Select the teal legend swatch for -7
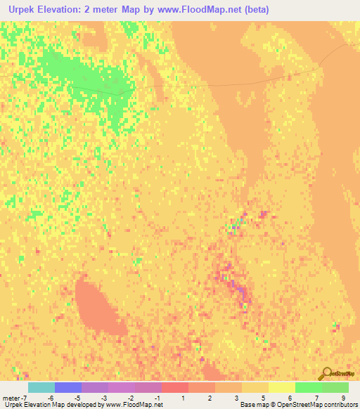coord(41,387)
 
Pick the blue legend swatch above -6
coord(67,387)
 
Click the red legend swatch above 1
coord(174,387)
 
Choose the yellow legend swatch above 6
coord(281,387)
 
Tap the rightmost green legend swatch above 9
coord(335,387)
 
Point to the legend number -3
coord(104,398)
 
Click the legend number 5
coord(264,398)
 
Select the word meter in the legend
coord(11,398)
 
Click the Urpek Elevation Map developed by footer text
coord(49,405)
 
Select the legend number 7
coord(317,398)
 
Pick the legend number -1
coord(157,398)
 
